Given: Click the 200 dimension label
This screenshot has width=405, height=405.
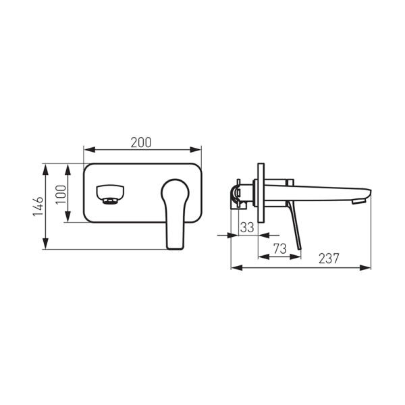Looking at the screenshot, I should point(141,142).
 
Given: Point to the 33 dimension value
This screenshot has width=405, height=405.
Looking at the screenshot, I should point(247,227).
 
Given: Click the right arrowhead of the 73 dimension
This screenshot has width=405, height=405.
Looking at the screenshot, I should point(298,256).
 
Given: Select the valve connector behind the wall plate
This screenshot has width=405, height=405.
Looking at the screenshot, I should point(238,194).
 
